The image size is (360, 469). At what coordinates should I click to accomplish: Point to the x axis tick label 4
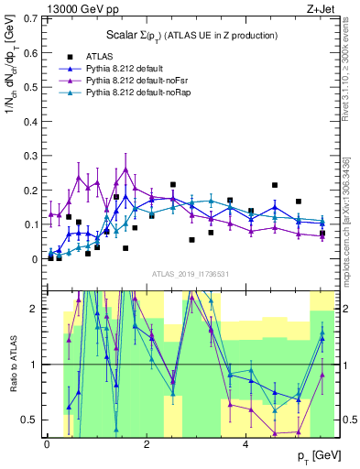245,444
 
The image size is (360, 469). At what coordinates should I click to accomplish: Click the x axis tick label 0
47,444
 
